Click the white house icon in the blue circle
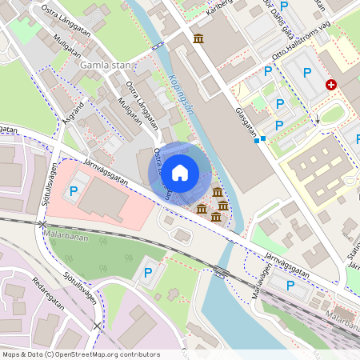coord(180,172)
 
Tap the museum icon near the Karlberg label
coord(198,39)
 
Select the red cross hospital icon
coord(331,84)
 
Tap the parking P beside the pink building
coord(74,190)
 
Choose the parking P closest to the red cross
coord(307,74)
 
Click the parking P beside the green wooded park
coord(147,273)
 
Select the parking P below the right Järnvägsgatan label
coord(290,285)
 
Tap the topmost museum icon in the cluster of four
coord(217,191)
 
